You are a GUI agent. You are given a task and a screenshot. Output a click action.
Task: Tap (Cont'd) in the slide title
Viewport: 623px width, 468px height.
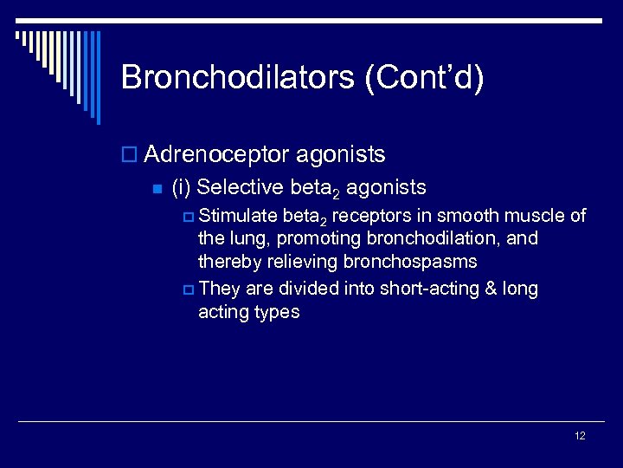[x=424, y=77]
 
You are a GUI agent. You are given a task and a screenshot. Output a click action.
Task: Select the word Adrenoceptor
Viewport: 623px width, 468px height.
[x=216, y=155]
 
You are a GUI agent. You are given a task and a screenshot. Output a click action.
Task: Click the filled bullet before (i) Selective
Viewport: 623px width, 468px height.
[x=157, y=188]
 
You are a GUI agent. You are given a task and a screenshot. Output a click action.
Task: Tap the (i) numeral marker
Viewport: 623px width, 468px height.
[x=181, y=186]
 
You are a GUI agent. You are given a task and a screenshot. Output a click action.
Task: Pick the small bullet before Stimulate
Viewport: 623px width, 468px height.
[x=189, y=217]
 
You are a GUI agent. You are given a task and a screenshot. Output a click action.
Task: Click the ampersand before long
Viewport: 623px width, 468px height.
[x=487, y=289]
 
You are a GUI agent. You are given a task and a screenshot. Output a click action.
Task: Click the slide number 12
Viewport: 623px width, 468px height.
[x=580, y=436]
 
